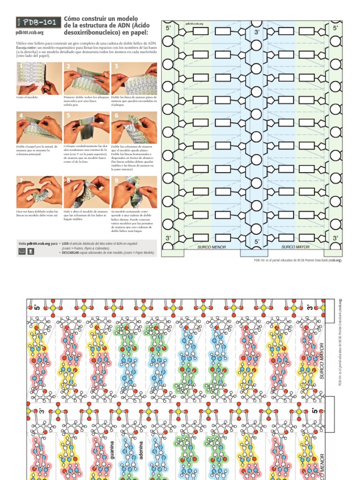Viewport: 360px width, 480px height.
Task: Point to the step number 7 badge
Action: [20, 180]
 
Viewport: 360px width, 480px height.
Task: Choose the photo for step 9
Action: [134, 192]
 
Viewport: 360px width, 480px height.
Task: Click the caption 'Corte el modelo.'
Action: [27, 97]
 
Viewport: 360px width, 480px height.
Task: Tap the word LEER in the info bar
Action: [65, 244]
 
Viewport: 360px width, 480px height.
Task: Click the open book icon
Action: [22, 252]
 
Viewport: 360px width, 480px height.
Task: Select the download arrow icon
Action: [30, 252]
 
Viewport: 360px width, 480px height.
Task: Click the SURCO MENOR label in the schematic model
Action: [211, 247]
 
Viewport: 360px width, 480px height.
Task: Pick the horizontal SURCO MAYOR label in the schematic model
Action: [295, 247]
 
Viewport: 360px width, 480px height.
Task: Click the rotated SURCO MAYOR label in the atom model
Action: [322, 361]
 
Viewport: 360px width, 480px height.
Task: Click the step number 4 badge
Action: [21, 115]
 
